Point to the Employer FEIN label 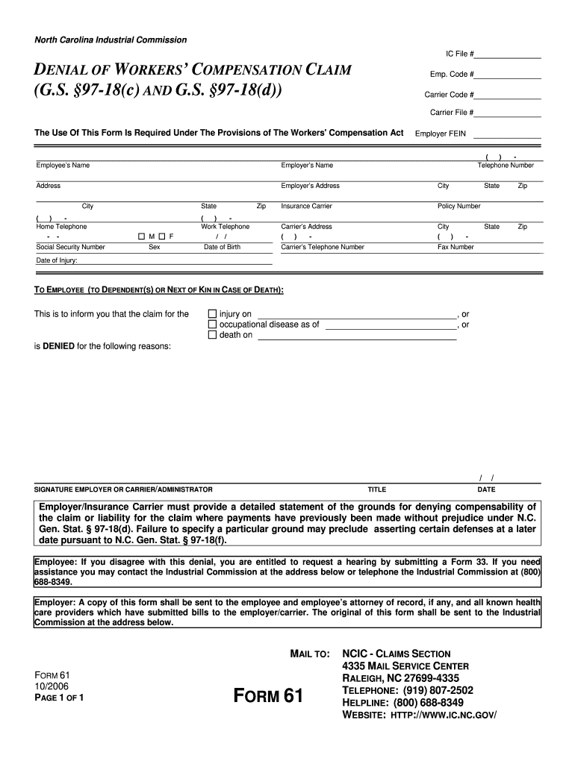pos(441,133)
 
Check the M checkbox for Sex pos(141,237)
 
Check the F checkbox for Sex pos(161,237)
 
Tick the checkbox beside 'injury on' pos(212,314)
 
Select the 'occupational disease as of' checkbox pos(212,325)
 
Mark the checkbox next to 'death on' pos(212,335)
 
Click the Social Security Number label pos(71,247)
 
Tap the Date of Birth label pos(222,247)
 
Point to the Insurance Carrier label pos(306,206)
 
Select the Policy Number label pos(459,206)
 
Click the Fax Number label pos(456,247)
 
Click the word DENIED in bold pos(59,346)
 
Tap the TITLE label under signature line pos(376,489)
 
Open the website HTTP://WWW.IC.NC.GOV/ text pos(441,714)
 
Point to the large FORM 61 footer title pos(268,697)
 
